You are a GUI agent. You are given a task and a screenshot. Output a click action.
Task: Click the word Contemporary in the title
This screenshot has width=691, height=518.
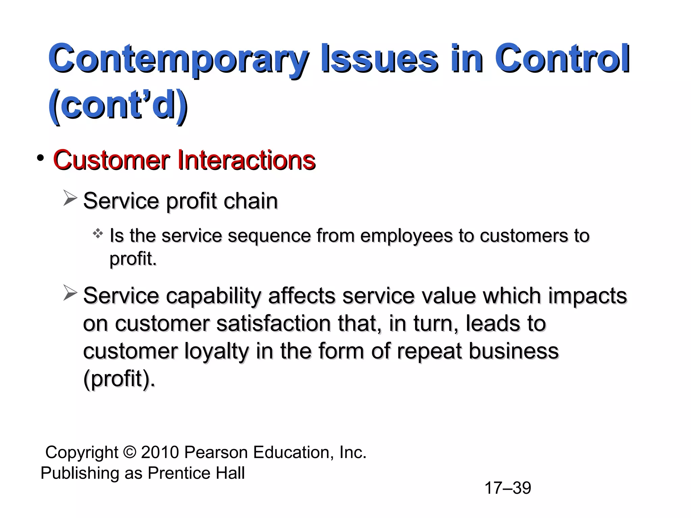178,59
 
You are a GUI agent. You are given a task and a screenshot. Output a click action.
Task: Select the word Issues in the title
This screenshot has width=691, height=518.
379,59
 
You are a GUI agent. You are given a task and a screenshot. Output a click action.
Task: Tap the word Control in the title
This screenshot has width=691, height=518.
562,59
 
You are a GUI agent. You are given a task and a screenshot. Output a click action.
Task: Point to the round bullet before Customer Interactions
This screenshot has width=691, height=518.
41,158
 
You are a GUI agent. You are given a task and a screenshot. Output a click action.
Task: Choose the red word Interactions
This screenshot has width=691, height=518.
246,160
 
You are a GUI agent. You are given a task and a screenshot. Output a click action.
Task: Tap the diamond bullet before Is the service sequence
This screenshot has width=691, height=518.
98,233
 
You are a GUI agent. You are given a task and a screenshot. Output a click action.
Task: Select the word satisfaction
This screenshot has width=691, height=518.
273,323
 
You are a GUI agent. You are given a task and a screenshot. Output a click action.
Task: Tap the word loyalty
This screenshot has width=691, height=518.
216,351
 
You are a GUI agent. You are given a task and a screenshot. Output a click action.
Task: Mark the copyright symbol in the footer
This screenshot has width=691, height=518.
130,452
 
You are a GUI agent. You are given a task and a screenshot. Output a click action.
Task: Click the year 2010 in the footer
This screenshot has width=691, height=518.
160,452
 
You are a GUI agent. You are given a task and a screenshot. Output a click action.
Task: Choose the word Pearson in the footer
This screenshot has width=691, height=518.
216,452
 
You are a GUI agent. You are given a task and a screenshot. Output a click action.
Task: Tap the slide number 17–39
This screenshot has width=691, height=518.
507,488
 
